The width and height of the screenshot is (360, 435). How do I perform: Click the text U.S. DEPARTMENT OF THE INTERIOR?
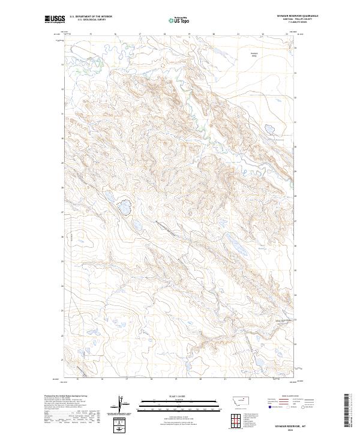tap(91, 17)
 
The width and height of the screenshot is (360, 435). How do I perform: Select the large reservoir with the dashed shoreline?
tap(125, 208)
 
